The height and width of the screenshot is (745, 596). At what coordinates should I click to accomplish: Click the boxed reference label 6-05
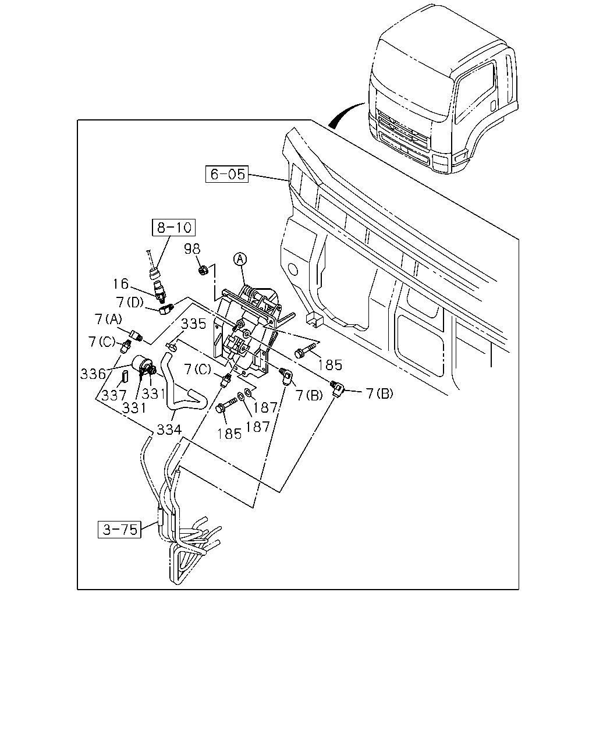click(227, 174)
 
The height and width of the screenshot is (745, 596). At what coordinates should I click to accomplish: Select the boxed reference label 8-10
click(174, 228)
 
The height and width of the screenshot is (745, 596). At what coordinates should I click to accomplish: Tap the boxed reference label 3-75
click(119, 530)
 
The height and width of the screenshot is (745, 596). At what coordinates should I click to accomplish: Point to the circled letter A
click(240, 259)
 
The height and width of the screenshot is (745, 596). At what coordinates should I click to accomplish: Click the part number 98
click(192, 249)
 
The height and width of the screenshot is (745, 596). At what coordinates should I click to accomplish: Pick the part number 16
click(120, 284)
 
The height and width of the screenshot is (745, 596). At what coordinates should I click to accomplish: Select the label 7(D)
click(130, 302)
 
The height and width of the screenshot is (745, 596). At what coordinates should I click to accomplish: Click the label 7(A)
click(108, 319)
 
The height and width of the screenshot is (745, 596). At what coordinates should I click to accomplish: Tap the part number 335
click(194, 324)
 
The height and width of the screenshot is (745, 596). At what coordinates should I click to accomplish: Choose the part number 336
click(93, 374)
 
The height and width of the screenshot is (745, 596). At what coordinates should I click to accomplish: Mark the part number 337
click(113, 395)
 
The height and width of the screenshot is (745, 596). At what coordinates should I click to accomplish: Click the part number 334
click(169, 430)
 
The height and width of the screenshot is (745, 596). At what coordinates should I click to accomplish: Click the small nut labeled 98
click(203, 269)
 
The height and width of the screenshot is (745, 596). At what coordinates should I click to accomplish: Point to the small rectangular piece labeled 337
click(125, 375)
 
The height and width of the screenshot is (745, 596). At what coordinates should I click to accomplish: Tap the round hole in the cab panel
click(293, 269)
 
